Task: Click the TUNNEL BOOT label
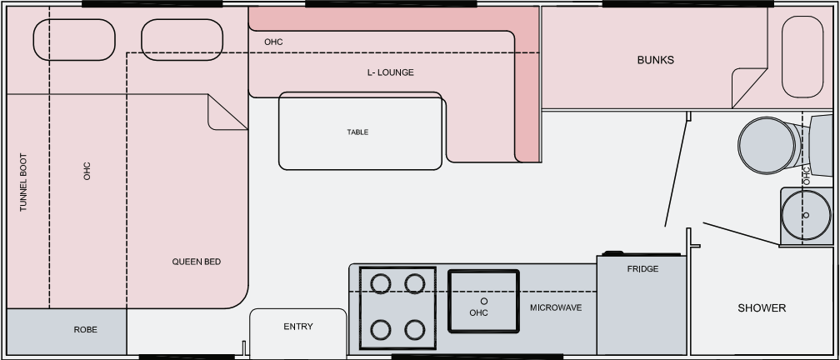[23, 181]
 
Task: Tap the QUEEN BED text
[196, 262]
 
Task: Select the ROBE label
[85, 330]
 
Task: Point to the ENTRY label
[298, 327]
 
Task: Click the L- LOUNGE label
[390, 72]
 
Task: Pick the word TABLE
[357, 132]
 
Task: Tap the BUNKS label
[655, 60]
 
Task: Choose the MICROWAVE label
[556, 308]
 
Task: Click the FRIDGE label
[642, 269]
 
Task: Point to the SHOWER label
[762, 308]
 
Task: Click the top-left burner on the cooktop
[381, 283]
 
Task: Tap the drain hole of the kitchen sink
[482, 299]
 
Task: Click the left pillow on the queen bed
[74, 39]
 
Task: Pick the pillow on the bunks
[802, 57]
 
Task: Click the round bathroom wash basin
[803, 214]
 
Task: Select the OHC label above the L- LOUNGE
[273, 42]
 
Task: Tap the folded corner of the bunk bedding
[747, 86]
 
